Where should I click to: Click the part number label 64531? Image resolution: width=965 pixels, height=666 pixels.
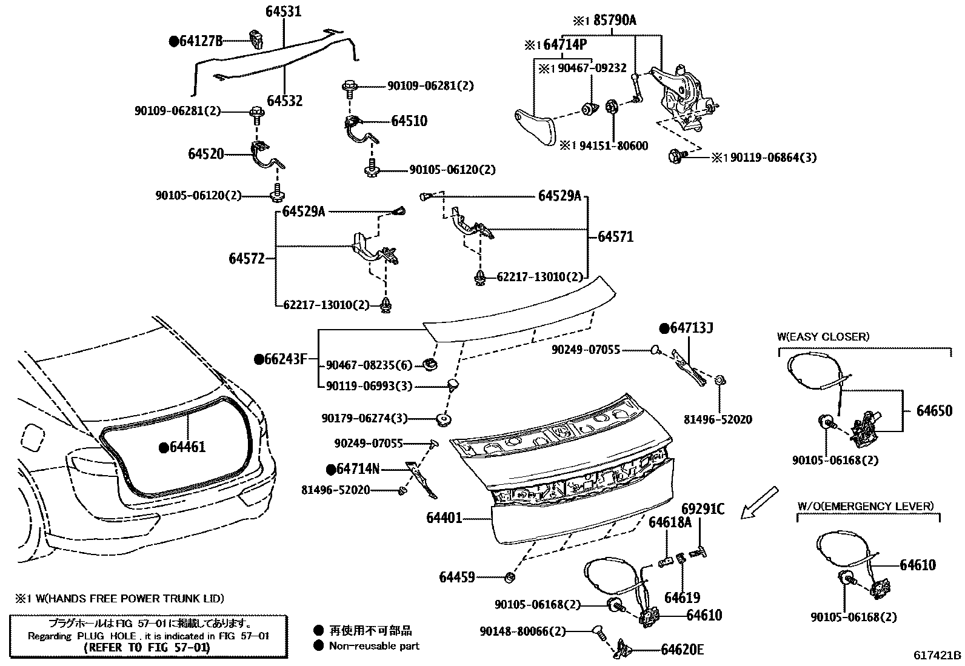(x=283, y=12)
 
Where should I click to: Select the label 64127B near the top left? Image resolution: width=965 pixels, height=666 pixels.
(x=200, y=41)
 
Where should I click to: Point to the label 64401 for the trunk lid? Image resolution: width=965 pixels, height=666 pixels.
(x=444, y=518)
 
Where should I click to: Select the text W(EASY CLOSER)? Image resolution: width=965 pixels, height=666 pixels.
(x=823, y=337)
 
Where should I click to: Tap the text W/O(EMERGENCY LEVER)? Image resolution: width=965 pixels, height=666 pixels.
(x=865, y=506)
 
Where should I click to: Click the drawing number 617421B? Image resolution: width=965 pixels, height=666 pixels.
(x=937, y=655)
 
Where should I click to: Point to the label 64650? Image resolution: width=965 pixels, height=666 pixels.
(x=934, y=411)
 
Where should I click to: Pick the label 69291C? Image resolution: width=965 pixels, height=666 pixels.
(x=703, y=509)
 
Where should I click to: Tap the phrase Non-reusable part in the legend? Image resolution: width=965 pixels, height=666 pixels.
(x=373, y=646)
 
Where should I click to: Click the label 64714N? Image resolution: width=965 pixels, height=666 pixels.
(x=357, y=468)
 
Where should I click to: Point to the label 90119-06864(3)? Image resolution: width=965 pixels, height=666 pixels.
(x=773, y=158)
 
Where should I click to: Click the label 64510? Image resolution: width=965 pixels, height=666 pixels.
(x=409, y=121)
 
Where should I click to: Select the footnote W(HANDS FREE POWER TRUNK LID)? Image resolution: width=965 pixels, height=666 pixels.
(x=125, y=599)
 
